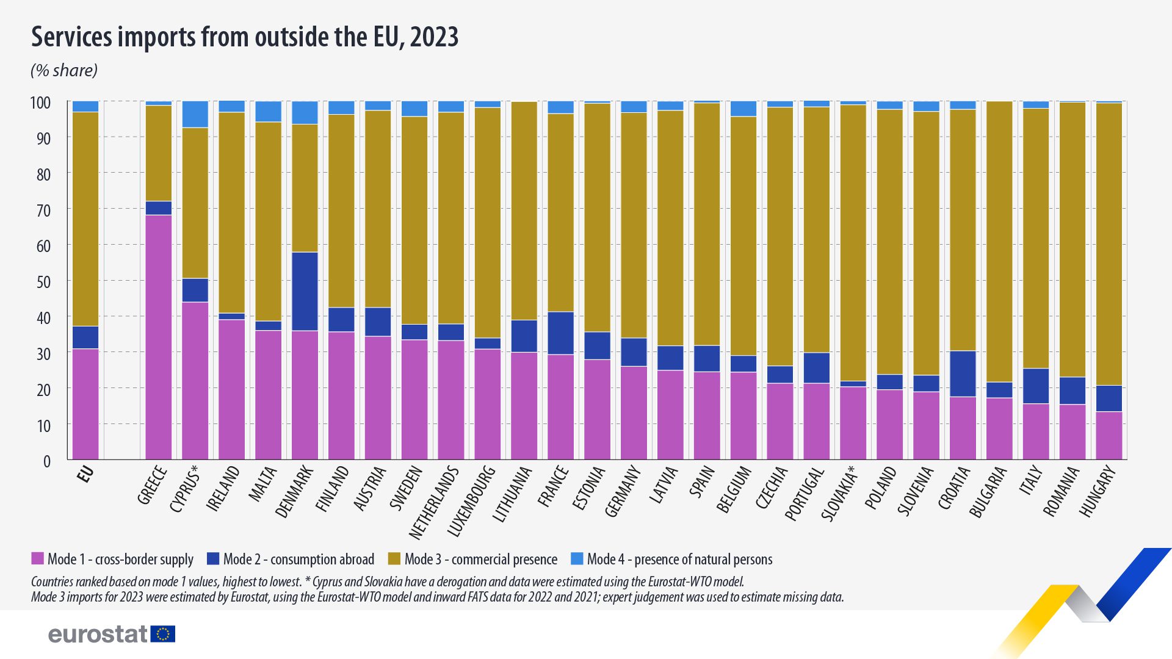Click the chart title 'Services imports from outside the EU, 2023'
tap(244, 37)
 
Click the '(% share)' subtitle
tap(64, 71)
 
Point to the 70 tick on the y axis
tap(43, 211)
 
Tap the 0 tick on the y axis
tap(47, 462)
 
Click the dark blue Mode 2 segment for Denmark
tap(305, 292)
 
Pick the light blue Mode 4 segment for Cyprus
tap(195, 114)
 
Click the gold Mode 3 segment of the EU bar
tap(85, 219)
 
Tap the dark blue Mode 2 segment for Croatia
tap(963, 374)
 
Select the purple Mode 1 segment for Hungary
tap(1109, 436)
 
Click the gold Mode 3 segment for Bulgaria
tap(999, 242)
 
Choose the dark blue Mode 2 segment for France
tap(561, 333)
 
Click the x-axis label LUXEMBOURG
tap(472, 501)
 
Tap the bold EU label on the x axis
tap(86, 474)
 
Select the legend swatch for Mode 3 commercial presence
tap(394, 559)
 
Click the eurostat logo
tap(112, 634)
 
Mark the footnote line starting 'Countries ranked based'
tap(387, 582)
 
